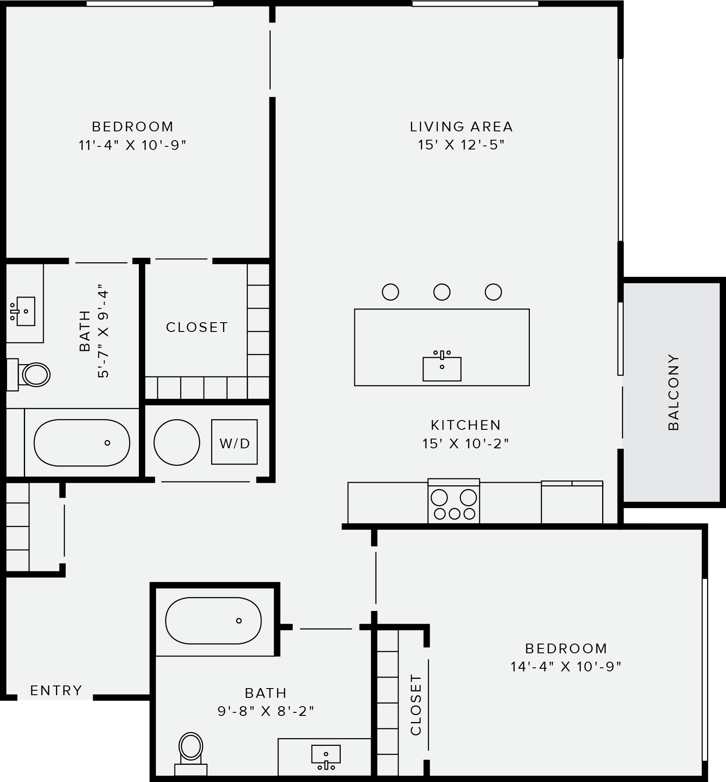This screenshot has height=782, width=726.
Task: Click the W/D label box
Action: (234, 442)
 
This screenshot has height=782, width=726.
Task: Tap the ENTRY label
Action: (56, 690)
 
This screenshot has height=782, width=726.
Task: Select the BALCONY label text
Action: (674, 392)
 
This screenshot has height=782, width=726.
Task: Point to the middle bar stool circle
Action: (442, 292)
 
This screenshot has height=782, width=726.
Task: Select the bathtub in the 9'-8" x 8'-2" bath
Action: (213, 621)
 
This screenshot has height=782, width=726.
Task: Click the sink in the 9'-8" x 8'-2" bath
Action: (326, 756)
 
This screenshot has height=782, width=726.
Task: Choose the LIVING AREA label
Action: (461, 127)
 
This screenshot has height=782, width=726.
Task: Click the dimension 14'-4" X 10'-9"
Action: (566, 667)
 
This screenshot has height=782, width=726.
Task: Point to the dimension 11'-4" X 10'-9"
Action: (133, 145)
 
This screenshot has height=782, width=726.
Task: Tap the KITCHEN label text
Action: (466, 425)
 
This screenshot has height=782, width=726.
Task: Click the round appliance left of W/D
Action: (177, 442)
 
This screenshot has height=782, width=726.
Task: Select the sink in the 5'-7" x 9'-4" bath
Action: (25, 311)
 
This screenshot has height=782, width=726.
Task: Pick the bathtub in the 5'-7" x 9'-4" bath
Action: (82, 443)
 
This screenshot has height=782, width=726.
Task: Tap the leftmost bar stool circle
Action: (391, 292)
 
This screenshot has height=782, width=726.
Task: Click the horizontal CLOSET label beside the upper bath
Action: (197, 327)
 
